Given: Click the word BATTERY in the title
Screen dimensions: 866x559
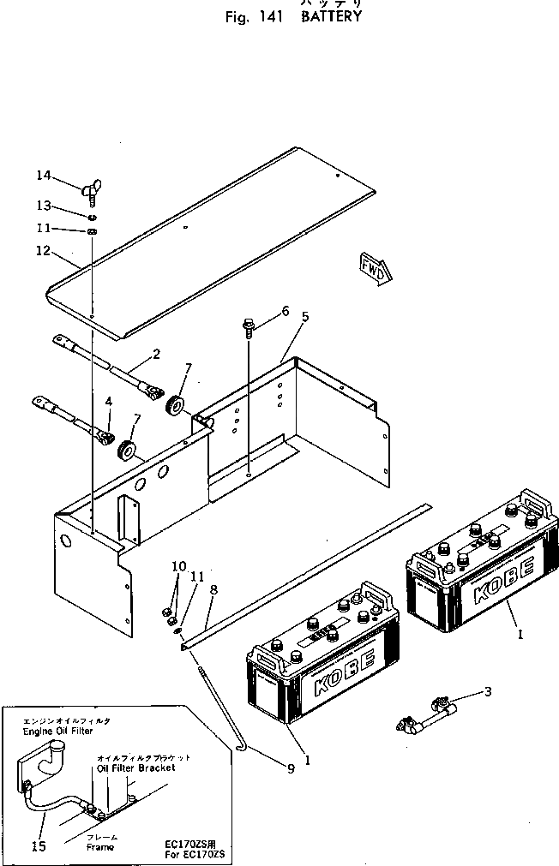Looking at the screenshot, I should point(331,16).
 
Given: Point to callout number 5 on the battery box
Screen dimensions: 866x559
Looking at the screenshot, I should point(304,317).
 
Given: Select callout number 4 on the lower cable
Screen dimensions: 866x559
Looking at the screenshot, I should point(109,401).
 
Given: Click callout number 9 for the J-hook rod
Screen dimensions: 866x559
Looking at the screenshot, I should point(178,566).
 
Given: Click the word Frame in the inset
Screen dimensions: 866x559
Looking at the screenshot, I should point(99,846).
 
